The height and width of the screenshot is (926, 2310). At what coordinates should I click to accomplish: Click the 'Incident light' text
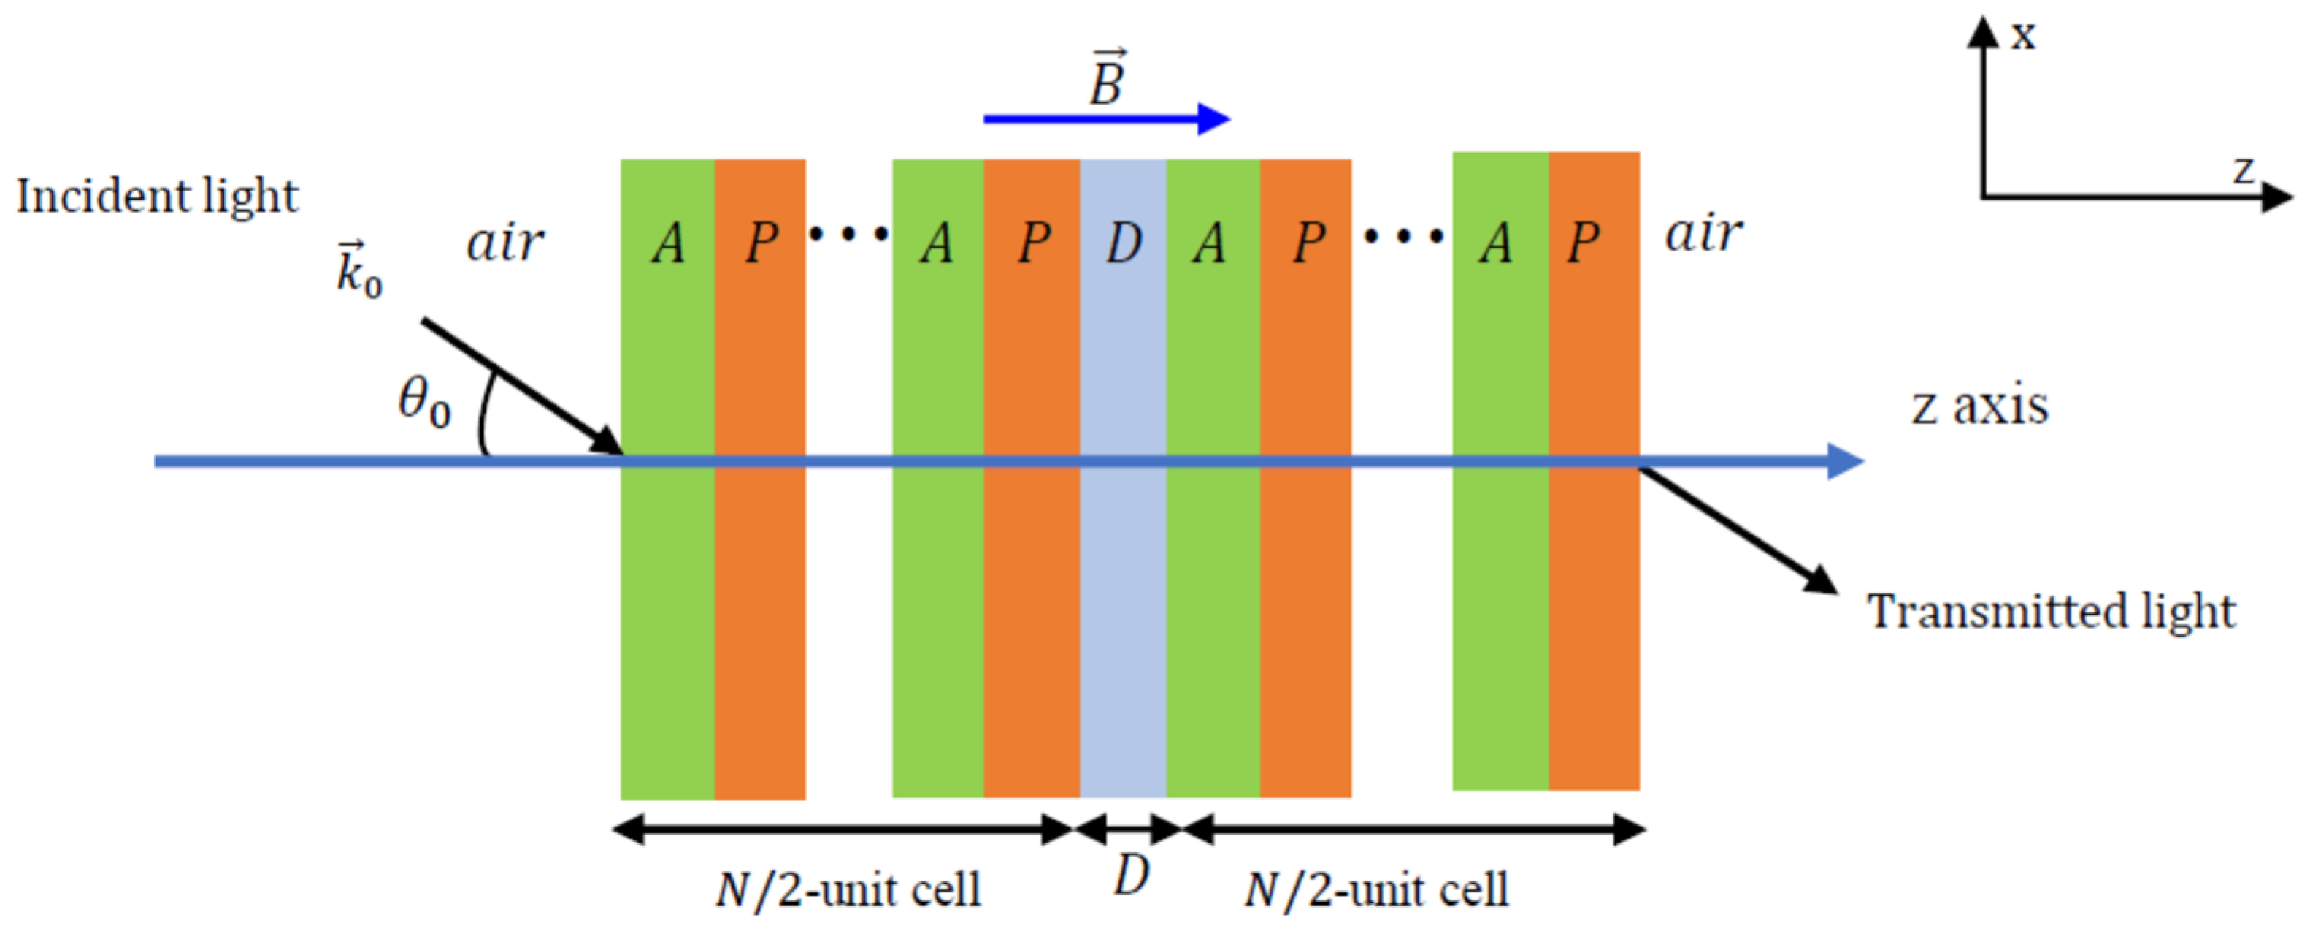click(157, 197)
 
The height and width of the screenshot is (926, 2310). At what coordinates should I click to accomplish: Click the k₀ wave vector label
click(358, 269)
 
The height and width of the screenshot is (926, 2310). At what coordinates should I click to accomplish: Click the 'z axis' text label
click(1980, 407)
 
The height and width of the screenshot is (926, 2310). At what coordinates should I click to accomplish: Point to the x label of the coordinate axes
click(2023, 36)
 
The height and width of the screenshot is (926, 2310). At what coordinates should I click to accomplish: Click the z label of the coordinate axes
click(2242, 170)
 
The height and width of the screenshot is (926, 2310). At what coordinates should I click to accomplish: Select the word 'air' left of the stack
click(505, 242)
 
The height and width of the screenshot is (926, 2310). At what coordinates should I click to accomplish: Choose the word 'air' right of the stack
click(1704, 235)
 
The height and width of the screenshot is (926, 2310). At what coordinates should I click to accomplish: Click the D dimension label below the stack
click(1132, 874)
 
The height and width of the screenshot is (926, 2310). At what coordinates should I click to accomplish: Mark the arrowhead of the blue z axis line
click(1846, 461)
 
